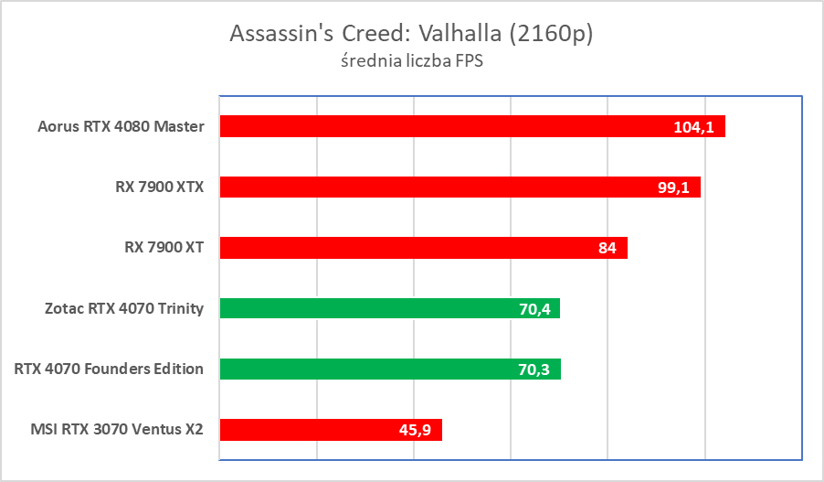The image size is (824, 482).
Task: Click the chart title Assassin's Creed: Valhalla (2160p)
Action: (411, 34)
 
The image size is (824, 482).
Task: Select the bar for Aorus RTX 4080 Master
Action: (438, 126)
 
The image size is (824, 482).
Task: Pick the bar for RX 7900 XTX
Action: (429, 187)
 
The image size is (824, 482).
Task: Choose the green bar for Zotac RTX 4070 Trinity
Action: (365, 308)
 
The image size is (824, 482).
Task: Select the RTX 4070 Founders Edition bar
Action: (365, 369)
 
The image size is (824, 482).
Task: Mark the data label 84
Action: (607, 248)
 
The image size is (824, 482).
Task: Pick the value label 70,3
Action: (536, 369)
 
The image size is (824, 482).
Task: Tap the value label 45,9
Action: (418, 430)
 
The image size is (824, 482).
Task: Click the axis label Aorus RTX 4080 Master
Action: (121, 126)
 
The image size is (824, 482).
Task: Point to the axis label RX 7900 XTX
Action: (153, 187)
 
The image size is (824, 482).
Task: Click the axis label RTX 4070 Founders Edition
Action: (109, 369)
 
